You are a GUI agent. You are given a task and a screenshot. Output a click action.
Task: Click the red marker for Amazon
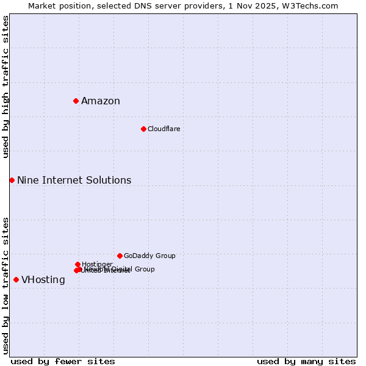pyautogui.click(x=76, y=101)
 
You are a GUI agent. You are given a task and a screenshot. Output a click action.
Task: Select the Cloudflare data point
pyautogui.click(x=143, y=129)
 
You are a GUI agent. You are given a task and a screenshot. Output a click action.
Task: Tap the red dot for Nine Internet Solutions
pyautogui.click(x=12, y=180)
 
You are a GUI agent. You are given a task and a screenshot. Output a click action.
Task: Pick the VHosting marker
pyautogui.click(x=16, y=279)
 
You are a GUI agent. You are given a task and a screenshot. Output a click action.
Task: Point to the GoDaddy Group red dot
pyautogui.click(x=120, y=256)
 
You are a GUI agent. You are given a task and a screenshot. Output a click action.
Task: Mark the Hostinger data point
pyautogui.click(x=77, y=264)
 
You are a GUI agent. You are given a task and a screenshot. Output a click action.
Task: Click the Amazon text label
pyautogui.click(x=101, y=101)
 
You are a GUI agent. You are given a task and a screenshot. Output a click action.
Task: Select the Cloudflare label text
pyautogui.click(x=163, y=129)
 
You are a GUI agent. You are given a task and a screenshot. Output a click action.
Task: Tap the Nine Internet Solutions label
pyautogui.click(x=74, y=181)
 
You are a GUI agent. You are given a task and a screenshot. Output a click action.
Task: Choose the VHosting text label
pyautogui.click(x=43, y=280)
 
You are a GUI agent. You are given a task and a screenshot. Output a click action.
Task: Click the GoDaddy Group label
pyautogui.click(x=149, y=256)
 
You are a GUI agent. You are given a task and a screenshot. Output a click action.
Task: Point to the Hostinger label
pyautogui.click(x=97, y=264)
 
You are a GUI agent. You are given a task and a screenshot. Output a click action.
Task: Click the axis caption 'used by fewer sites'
pyautogui.click(x=63, y=361)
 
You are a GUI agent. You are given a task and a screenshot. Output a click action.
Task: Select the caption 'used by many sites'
pyautogui.click(x=306, y=361)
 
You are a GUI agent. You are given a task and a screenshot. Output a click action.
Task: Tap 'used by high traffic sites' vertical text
pyautogui.click(x=6, y=87)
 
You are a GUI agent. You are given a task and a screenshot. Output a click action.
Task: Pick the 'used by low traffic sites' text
pyautogui.click(x=6, y=285)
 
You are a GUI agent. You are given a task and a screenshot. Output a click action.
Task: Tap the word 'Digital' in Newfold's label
pyautogui.click(x=122, y=269)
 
